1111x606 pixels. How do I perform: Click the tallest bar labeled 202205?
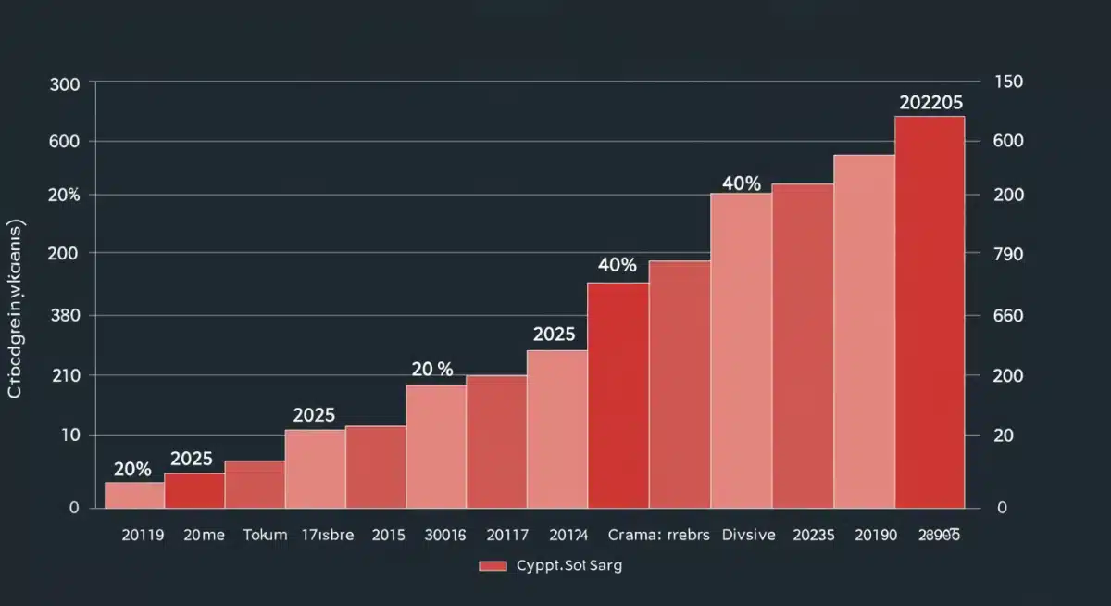tap(930, 311)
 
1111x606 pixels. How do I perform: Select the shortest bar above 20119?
tap(133, 495)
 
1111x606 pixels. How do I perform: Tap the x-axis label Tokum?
tap(265, 535)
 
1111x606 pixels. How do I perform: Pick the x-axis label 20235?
tap(813, 535)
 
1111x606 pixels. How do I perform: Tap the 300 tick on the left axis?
tap(70, 83)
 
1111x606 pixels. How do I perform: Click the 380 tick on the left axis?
tap(70, 315)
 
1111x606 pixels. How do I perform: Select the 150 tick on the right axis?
tap(1008, 82)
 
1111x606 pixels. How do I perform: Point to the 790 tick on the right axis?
tap(1008, 254)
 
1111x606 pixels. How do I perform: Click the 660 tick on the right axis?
tap(1008, 315)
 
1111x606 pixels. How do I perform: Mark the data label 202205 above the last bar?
tap(930, 103)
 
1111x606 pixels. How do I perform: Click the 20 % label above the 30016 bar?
tap(431, 369)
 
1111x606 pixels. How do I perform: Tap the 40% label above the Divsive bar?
tap(741, 183)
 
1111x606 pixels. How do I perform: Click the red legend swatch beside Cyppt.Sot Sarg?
tap(493, 566)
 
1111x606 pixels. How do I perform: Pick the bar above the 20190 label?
tap(864, 331)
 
